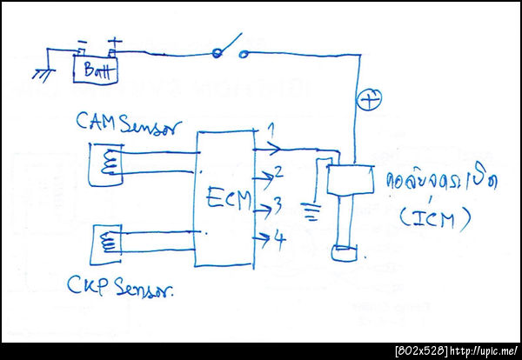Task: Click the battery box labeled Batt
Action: point(92,70)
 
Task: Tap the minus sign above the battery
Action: point(82,43)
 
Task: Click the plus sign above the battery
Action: point(113,41)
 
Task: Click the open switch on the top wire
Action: point(230,49)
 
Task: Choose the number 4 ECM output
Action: point(280,237)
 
